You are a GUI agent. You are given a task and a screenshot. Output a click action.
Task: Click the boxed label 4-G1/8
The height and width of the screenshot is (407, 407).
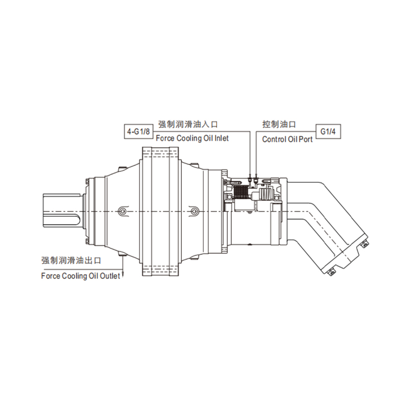[138, 132]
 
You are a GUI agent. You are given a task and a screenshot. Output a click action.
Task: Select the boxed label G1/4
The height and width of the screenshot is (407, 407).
[329, 132]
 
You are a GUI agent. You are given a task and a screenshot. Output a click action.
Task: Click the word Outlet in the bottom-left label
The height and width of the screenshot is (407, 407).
[109, 276]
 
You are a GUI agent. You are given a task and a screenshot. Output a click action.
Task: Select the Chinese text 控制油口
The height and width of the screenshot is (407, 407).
[279, 124]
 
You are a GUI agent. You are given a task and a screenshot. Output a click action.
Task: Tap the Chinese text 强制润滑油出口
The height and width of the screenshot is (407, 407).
[71, 260]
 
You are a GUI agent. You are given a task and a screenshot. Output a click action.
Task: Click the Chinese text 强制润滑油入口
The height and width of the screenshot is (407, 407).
[188, 124]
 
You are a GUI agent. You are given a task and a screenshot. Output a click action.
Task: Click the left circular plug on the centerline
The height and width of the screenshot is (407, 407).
[122, 211]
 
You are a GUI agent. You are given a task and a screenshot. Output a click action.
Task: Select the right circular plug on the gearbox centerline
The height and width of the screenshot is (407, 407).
[193, 211]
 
